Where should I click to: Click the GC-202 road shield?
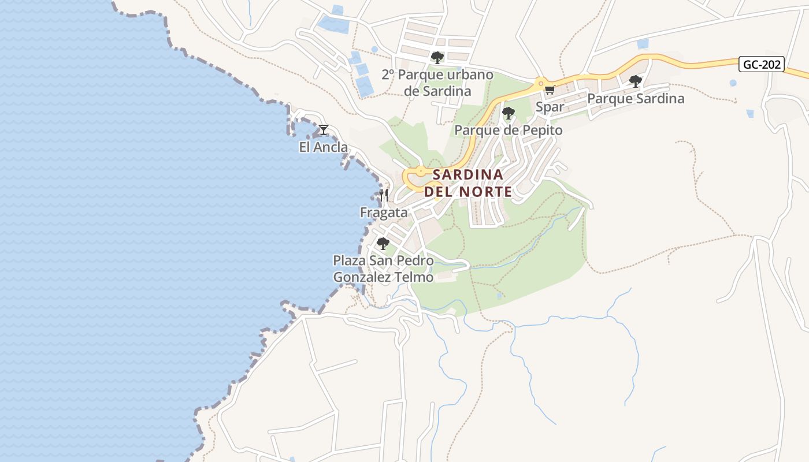762,64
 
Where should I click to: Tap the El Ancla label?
324,147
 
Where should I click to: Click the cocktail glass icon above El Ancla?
324,130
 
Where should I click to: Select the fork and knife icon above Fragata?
384,195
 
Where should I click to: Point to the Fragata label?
384,213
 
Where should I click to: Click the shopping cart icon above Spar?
550,90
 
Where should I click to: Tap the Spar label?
550,107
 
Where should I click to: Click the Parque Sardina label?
636,99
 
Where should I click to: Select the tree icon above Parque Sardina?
636,81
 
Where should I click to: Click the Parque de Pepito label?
508,131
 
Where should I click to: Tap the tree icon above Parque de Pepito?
508,113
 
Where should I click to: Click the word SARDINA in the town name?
468,174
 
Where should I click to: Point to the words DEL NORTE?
468,192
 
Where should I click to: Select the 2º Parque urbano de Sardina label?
437,83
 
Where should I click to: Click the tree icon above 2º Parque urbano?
437,57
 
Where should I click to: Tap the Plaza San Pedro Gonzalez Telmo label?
383,269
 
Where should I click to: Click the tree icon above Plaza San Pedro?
383,243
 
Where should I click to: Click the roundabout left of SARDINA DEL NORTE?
420,172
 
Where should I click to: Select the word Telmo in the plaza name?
414,278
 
